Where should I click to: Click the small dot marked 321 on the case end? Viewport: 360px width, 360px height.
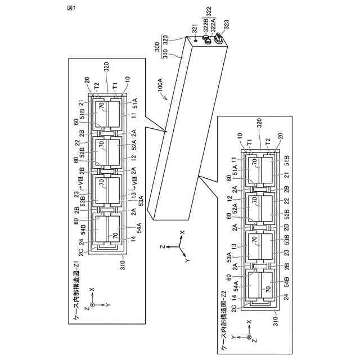coord(195,40)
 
